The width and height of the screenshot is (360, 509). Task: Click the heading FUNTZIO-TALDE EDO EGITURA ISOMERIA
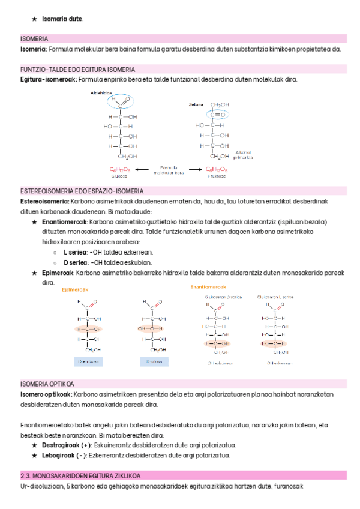coord(77,69)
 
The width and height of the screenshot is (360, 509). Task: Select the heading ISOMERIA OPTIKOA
coord(47,383)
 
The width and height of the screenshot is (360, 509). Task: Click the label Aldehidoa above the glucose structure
coord(101,93)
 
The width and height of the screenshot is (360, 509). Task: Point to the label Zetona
coord(196,104)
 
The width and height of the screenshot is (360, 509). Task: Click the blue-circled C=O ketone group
coord(217,114)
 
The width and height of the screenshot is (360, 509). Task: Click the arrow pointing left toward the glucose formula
coord(143,169)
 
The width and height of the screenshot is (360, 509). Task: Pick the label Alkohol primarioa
coord(243,155)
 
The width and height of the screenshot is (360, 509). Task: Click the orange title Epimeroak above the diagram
coord(76,289)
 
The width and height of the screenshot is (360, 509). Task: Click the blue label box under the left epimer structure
coord(88,361)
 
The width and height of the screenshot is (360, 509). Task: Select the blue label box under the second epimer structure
coord(154,361)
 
